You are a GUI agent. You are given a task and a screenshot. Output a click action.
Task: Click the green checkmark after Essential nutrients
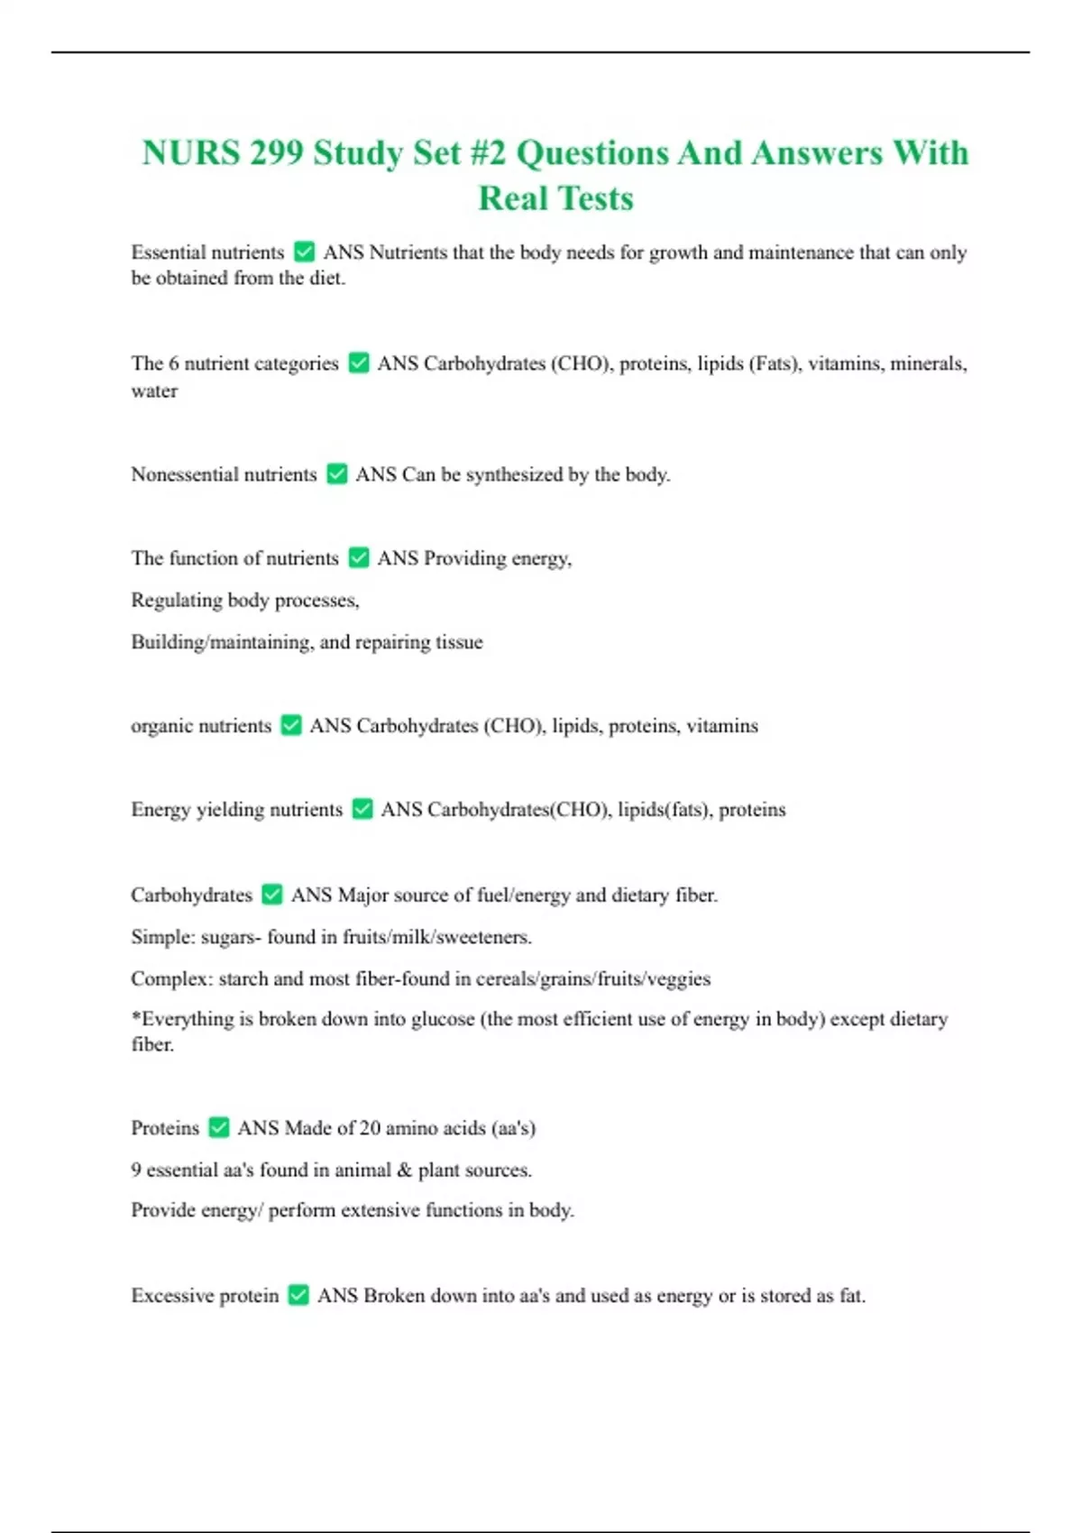(305, 252)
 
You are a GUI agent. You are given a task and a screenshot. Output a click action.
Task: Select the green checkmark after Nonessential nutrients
(337, 473)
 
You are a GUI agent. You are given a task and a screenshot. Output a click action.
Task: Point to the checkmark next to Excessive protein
(298, 1295)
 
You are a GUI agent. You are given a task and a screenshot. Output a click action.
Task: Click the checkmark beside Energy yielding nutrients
(362, 809)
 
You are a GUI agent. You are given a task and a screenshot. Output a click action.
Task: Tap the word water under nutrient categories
(154, 391)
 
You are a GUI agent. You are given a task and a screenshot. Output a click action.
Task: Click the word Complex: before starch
(170, 978)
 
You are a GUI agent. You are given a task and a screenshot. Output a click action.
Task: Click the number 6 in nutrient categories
(174, 363)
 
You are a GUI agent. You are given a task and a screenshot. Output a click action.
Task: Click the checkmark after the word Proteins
(218, 1127)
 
